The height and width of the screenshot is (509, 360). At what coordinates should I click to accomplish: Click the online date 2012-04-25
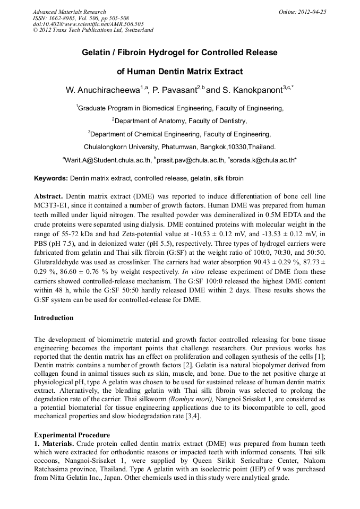click(x=313, y=12)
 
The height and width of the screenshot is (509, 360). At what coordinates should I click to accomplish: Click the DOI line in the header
click(x=88, y=24)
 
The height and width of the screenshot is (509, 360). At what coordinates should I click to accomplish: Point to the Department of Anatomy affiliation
click(x=181, y=121)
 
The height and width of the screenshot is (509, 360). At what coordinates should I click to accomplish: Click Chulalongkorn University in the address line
click(x=116, y=146)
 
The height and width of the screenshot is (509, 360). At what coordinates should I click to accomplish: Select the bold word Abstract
click(x=49, y=196)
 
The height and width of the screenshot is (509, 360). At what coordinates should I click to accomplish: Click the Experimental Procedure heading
click(x=72, y=435)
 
